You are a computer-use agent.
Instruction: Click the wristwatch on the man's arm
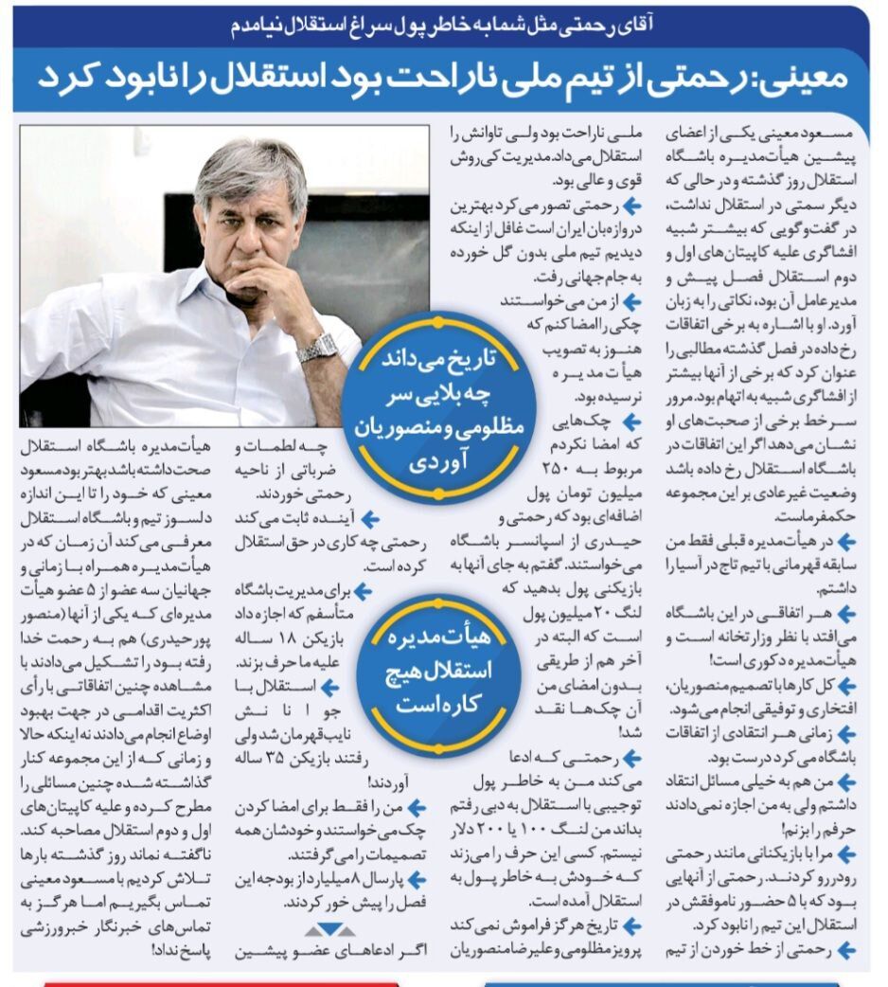pyautogui.click(x=316, y=348)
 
